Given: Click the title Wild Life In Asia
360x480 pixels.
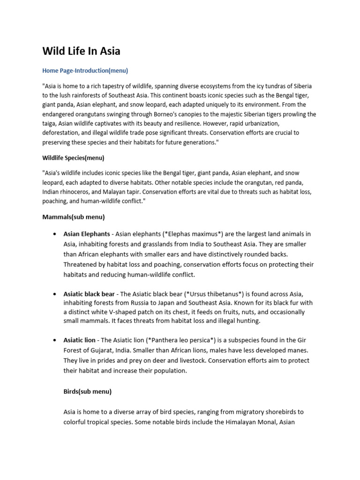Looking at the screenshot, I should (x=81, y=51).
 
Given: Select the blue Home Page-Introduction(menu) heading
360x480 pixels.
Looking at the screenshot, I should (x=85, y=71).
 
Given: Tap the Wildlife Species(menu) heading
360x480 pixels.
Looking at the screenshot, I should (x=73, y=158).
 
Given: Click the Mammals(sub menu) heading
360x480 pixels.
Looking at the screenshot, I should (x=74, y=217).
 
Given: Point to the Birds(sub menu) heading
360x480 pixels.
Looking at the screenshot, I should (x=87, y=391).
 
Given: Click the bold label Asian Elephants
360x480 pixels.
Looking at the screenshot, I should (x=87, y=234).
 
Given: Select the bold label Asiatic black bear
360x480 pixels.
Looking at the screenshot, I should (x=89, y=294).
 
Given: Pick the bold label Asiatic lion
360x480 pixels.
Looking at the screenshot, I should (x=80, y=340).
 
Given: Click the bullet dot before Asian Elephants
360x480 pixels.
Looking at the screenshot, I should (x=56, y=234).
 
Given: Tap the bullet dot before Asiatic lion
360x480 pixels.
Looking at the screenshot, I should (x=56, y=340).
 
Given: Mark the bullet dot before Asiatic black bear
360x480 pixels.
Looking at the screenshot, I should (x=56, y=294).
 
